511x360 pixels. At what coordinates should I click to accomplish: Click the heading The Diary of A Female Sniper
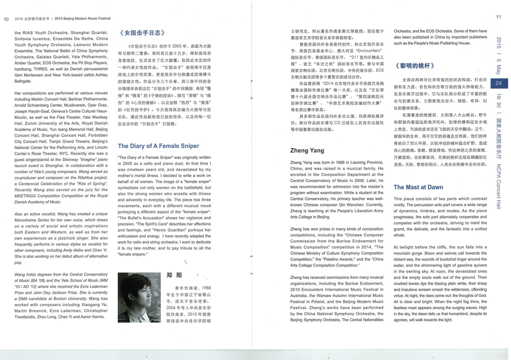pos(158,146)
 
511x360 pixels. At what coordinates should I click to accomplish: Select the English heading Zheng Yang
pos(307,150)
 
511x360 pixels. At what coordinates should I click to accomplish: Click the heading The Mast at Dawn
pos(418,187)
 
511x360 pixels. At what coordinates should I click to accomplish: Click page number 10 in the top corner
pos(6,19)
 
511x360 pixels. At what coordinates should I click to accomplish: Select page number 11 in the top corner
pos(498,17)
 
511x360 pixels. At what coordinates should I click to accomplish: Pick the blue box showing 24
pos(498,83)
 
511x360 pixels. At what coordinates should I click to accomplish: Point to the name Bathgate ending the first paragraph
pos(25,80)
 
